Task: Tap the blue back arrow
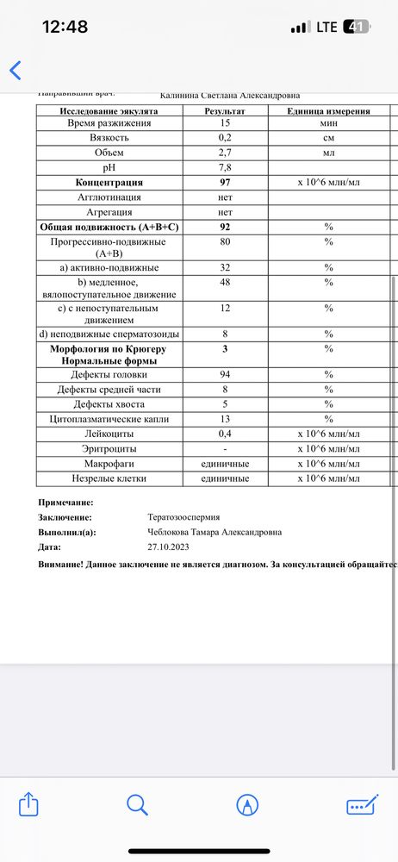pos(15,70)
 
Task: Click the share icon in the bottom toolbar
pos(28,804)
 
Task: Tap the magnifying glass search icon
pos(138,804)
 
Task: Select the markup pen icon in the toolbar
pos(248,804)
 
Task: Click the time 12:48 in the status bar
pos(65,27)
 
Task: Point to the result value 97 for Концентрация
pos(225,183)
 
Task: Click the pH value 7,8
pos(225,168)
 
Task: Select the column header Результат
pos(225,111)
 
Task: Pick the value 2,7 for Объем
pos(225,153)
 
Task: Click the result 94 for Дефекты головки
pos(225,375)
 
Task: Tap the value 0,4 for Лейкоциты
pos(225,434)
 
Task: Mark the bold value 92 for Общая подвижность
pos(225,227)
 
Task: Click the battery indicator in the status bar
pos(356,27)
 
